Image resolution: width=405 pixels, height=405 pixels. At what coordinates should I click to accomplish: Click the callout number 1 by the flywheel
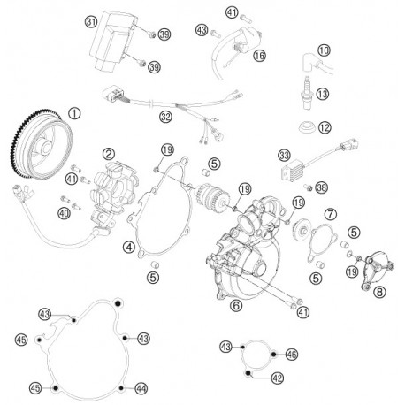[74, 113]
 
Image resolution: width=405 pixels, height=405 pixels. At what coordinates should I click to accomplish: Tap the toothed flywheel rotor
[42, 144]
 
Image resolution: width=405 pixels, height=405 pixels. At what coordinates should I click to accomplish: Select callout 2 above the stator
[109, 154]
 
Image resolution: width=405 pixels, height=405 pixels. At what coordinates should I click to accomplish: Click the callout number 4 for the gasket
[129, 247]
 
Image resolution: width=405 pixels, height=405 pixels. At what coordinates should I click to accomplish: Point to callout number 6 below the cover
[236, 305]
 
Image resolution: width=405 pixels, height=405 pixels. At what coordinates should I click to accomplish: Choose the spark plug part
[308, 93]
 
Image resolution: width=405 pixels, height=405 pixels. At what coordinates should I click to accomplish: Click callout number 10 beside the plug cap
[324, 50]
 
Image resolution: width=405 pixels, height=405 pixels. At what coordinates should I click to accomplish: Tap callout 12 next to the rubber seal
[325, 127]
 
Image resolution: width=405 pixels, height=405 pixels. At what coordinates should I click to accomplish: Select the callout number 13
[322, 94]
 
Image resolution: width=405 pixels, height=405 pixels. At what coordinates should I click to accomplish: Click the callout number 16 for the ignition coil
[259, 56]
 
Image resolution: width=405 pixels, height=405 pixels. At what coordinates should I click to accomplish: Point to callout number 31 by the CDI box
[91, 22]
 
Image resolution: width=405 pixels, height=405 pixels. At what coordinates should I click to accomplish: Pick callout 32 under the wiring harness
[165, 117]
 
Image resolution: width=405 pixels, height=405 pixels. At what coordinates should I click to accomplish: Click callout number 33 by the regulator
[285, 155]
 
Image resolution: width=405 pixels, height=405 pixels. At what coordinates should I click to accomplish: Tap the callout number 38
[321, 187]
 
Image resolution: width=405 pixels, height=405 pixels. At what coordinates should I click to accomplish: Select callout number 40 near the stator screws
[64, 213]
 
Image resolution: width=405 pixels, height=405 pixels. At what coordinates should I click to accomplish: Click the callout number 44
[141, 389]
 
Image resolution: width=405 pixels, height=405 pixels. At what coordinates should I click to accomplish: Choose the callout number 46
[292, 355]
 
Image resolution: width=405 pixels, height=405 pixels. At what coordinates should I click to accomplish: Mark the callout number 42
[277, 378]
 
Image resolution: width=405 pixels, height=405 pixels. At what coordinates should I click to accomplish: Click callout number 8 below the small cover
[379, 292]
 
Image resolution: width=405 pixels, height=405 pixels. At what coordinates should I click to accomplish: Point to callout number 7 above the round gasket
[331, 214]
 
